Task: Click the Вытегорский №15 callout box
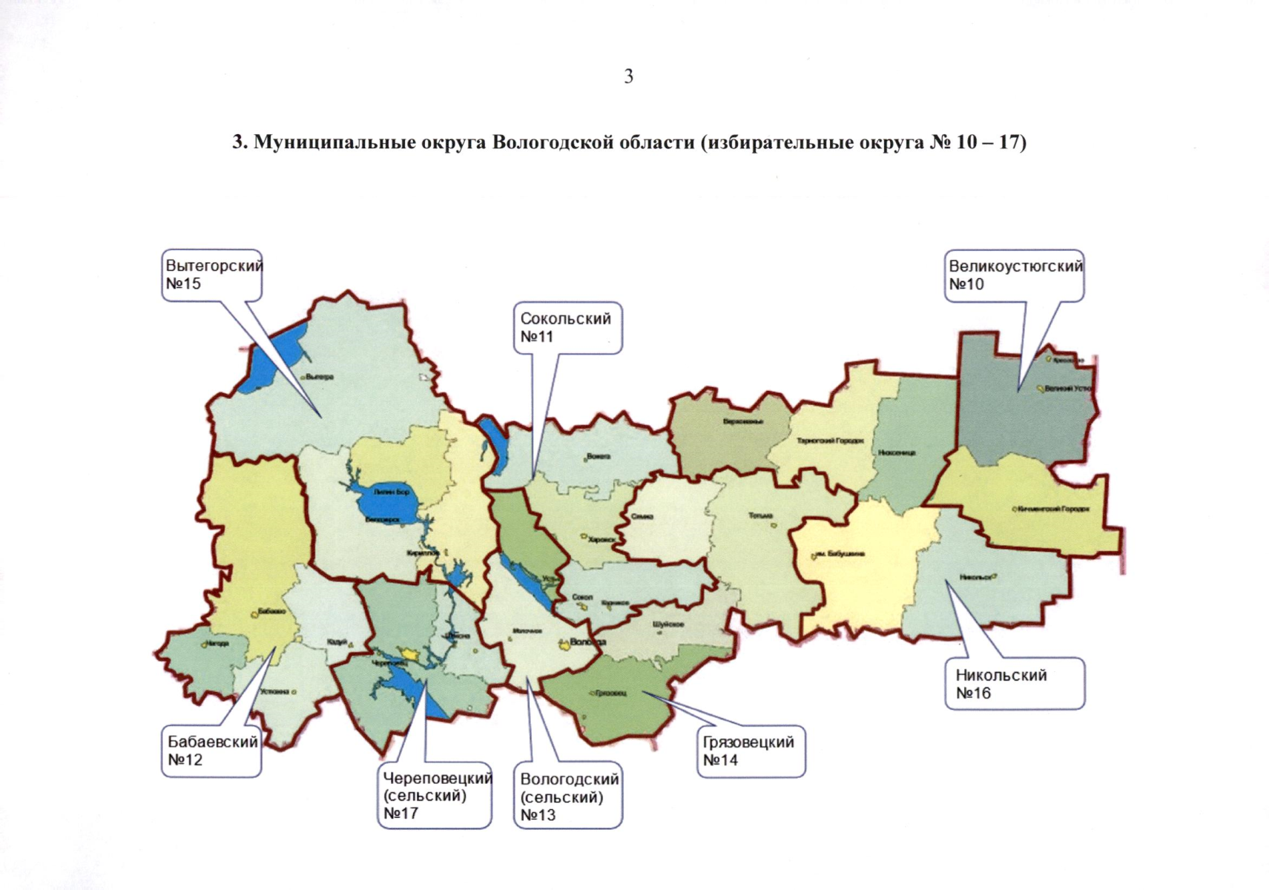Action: [212, 275]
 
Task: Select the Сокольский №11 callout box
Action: [567, 328]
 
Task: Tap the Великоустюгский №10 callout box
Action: [1014, 275]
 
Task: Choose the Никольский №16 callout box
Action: [1014, 684]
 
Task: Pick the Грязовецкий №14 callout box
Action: [750, 751]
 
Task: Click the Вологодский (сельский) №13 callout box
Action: [567, 797]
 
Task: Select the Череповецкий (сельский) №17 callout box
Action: [435, 795]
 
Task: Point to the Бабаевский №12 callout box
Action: [211, 750]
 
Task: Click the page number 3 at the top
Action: [628, 76]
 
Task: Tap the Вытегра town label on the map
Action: [320, 377]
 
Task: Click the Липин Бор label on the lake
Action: [386, 492]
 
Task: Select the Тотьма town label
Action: [761, 515]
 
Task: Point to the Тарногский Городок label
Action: [830, 441]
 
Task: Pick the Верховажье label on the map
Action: [742, 422]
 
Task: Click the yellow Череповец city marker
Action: [407, 653]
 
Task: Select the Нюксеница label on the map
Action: [896, 452]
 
